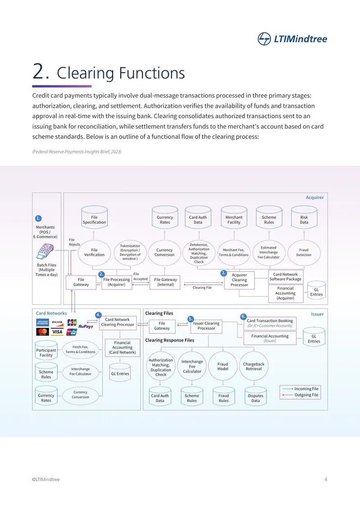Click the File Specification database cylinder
pos(94,217)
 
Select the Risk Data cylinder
pos(304,217)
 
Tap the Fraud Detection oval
pos(304,253)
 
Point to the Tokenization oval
pos(130,253)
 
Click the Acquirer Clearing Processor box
pos(239,280)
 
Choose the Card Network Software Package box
pos(285,276)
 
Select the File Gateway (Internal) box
pos(165,282)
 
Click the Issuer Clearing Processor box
pos(206,326)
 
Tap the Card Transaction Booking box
pos(270,323)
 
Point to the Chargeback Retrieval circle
pos(254,366)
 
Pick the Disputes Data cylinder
pos(256,396)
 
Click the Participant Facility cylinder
pos(46,351)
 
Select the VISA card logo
pos(57,332)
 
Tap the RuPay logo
pos(85,326)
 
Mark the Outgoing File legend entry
pos(300,395)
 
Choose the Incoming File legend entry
pos(300,389)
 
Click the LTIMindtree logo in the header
pos(292,39)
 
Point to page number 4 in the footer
pos(326,479)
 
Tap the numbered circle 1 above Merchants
pos(38,218)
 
